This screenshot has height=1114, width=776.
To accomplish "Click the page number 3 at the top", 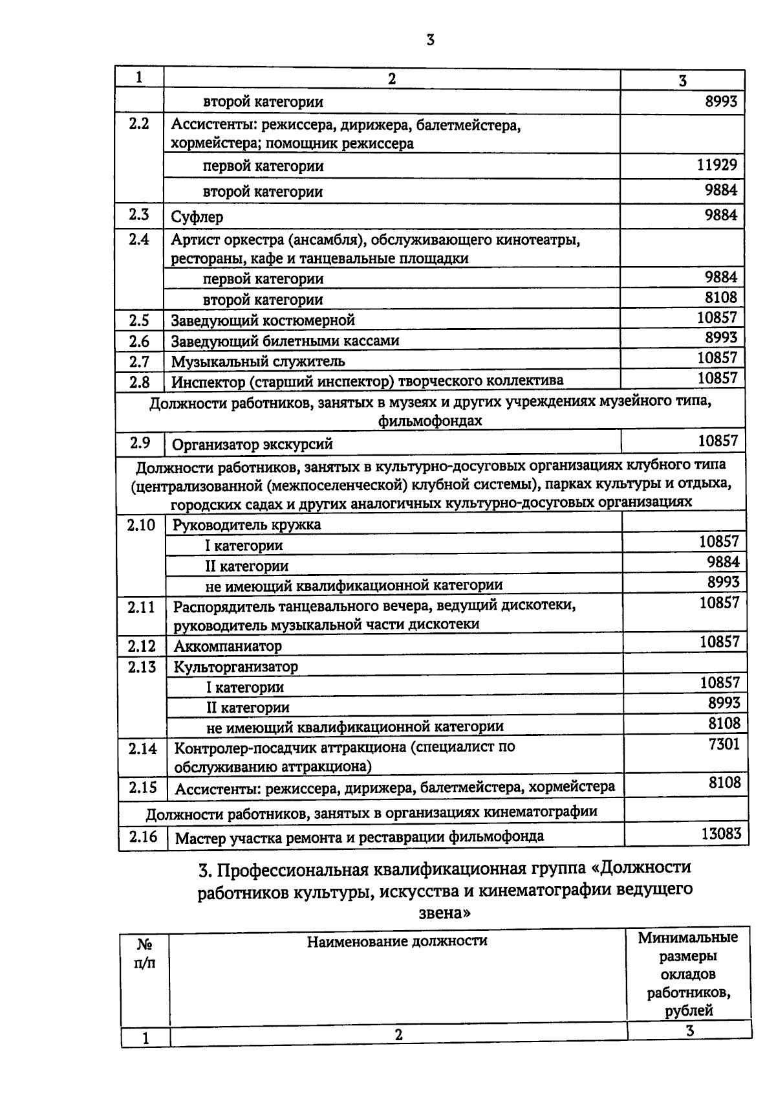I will click(431, 40).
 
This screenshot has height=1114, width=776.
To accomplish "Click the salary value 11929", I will click(717, 164).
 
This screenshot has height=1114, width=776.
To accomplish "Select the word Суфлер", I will click(197, 217).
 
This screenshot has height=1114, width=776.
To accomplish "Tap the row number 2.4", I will click(138, 239).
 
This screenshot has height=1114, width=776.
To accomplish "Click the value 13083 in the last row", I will click(721, 833).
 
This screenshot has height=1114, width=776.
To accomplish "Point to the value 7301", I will click(724, 744).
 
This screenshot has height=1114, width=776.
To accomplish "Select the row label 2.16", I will click(143, 836).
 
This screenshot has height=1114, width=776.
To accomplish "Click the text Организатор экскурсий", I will click(252, 444).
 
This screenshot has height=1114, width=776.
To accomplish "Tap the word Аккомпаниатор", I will click(228, 646).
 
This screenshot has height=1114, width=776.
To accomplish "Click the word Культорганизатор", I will click(235, 666).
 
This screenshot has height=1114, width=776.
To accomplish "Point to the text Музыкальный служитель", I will click(257, 361).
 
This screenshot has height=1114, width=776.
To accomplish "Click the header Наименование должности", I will click(396, 941).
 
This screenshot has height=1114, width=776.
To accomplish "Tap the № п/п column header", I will click(145, 953).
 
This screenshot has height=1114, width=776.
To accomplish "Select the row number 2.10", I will click(141, 525).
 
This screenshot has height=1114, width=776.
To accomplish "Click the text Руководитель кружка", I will click(246, 524).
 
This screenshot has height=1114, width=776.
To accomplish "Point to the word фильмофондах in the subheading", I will click(431, 421).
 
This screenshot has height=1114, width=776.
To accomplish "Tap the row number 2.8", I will click(138, 381).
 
